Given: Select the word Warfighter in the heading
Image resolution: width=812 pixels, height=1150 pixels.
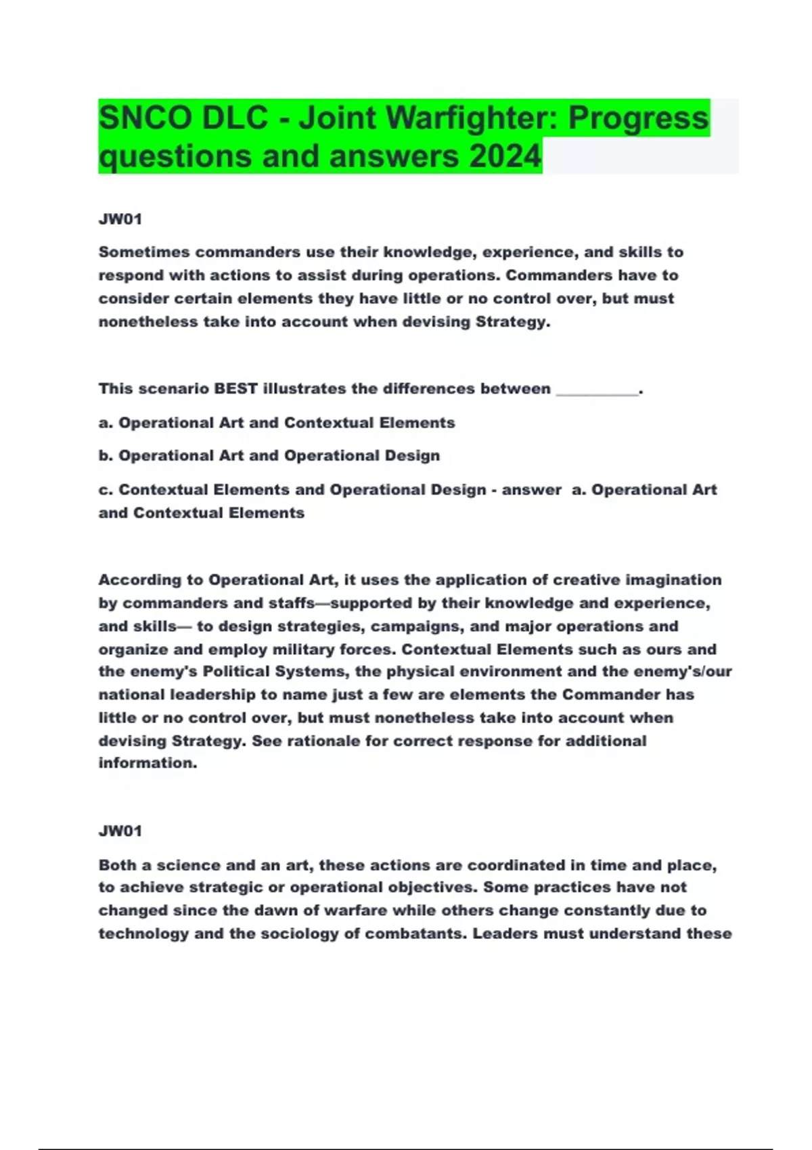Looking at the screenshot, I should pos(472,118).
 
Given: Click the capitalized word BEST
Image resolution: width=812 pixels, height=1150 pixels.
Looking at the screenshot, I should pos(235,389).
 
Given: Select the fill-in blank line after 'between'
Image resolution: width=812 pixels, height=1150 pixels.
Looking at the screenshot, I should pos(597,390).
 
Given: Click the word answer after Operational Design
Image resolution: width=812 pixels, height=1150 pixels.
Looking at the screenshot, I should pos(531,490).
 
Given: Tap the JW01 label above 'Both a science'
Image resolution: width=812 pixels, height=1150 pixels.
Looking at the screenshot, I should pos(120,831).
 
